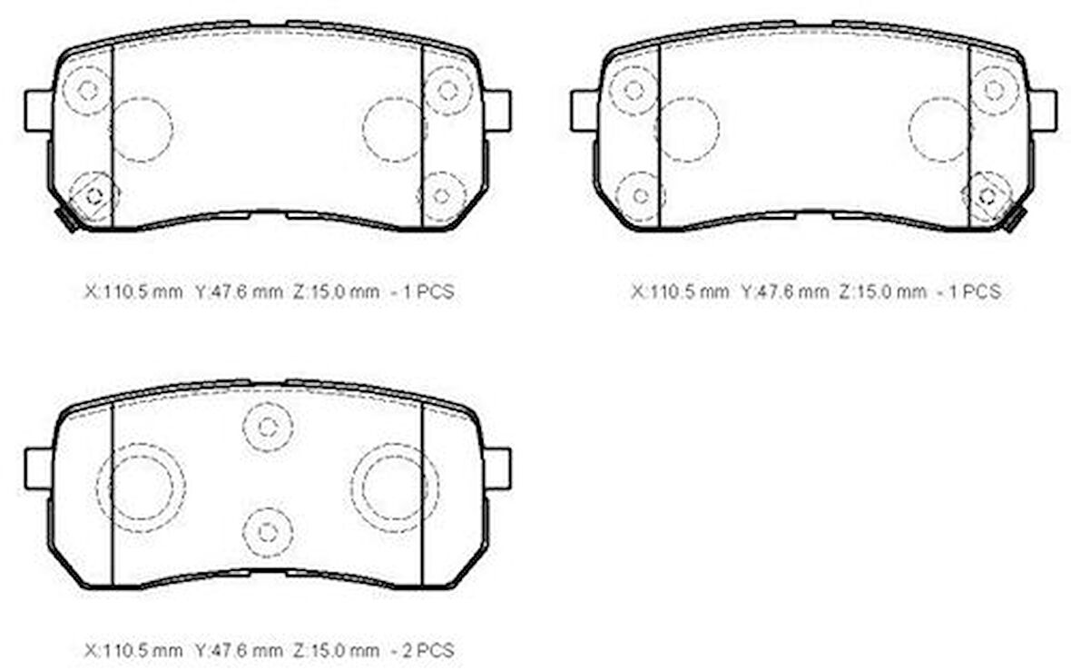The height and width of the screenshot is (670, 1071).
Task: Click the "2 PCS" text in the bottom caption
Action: [x=428, y=650]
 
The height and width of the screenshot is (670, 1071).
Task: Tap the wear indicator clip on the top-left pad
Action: [x=67, y=220]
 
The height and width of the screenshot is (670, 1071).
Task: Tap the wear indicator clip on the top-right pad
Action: [x=1015, y=220]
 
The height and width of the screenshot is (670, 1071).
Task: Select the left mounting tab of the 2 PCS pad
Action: [x=38, y=468]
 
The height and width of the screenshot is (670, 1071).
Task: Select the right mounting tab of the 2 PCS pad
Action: [x=497, y=468]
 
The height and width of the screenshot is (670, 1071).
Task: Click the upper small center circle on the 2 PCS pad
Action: [x=268, y=428]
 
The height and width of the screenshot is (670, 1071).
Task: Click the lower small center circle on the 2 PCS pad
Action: [x=268, y=533]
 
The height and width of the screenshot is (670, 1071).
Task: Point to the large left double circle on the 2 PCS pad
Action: [x=141, y=488]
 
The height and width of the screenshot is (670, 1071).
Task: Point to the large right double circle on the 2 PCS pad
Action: [x=395, y=488]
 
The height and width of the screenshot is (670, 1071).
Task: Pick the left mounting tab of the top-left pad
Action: [x=38, y=111]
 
